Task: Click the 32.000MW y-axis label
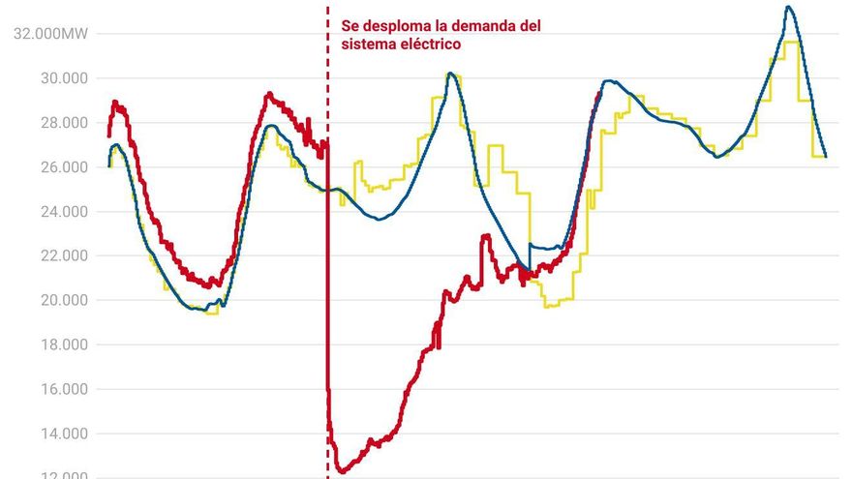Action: pos(48,34)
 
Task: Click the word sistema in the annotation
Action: pos(367,45)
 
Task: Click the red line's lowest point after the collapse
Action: pos(342,471)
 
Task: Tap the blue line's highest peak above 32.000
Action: pos(788,8)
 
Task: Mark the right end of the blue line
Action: pos(825,156)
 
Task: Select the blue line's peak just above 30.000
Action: pos(450,74)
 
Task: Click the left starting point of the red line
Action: pos(108,135)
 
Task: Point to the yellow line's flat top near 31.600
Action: pos(791,43)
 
